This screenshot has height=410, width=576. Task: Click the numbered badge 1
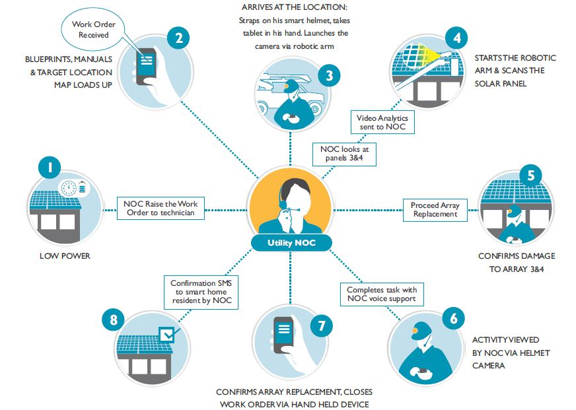pyautogui.click(x=50, y=167)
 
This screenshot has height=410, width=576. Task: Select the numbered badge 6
pyautogui.click(x=452, y=318)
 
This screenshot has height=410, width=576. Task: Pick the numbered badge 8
pyautogui.click(x=114, y=320)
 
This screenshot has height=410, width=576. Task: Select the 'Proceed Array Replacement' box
pyautogui.click(x=435, y=210)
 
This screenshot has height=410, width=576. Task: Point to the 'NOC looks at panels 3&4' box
pyautogui.click(x=344, y=153)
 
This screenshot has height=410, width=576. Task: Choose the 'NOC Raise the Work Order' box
pyautogui.click(x=160, y=209)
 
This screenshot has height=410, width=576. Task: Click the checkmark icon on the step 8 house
pyautogui.click(x=169, y=335)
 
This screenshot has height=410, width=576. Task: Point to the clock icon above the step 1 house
pyautogui.click(x=67, y=188)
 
